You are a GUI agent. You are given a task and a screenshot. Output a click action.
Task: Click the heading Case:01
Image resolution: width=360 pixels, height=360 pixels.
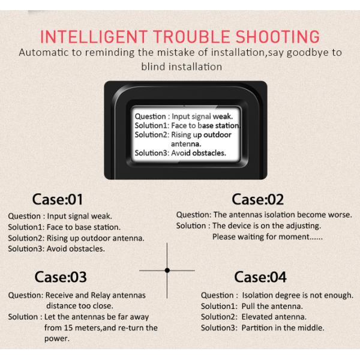pyautogui.click(x=58, y=199)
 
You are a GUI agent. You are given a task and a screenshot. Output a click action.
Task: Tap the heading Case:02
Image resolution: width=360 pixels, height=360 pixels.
pyautogui.click(x=257, y=199)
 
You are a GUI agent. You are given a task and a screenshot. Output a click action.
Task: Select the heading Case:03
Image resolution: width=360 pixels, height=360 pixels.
pyautogui.click(x=61, y=277)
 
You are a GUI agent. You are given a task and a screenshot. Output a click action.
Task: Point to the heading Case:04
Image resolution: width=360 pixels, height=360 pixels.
pyautogui.click(x=260, y=277)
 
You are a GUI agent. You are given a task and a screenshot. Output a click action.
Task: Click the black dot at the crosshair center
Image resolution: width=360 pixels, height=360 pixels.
pyautogui.click(x=167, y=271)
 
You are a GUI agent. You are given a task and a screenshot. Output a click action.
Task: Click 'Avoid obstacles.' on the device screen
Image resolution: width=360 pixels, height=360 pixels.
pyautogui.click(x=199, y=153)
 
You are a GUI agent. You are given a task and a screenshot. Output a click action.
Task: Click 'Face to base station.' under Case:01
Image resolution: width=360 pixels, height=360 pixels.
pyautogui.click(x=82, y=227)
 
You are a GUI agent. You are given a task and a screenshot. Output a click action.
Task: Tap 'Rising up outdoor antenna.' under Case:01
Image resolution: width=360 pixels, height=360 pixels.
pyautogui.click(x=95, y=238)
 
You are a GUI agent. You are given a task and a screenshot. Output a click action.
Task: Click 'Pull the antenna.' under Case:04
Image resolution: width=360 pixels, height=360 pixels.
pyautogui.click(x=271, y=306)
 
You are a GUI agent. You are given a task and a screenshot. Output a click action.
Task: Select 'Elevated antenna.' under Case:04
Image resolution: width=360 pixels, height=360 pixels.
pyautogui.click(x=274, y=317)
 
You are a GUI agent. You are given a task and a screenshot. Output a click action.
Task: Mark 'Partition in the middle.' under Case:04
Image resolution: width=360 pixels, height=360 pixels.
pyautogui.click(x=283, y=328)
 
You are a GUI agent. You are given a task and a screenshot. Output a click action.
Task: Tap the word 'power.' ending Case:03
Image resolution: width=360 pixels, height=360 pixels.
pyautogui.click(x=57, y=338)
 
